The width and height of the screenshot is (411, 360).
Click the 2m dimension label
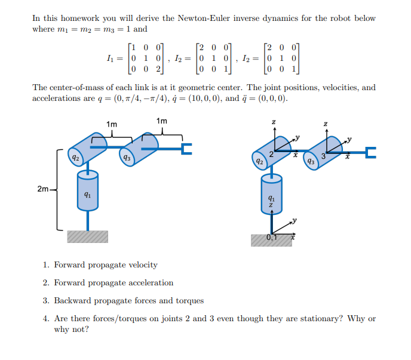42,189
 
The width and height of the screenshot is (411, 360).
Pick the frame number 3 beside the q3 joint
323,156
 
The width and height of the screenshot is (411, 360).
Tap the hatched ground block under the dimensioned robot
88,237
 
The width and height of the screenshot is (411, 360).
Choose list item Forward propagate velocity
105,264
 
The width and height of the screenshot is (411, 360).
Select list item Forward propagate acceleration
113,282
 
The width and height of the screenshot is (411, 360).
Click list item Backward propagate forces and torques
128,300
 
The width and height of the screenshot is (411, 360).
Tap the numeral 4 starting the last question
46,318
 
